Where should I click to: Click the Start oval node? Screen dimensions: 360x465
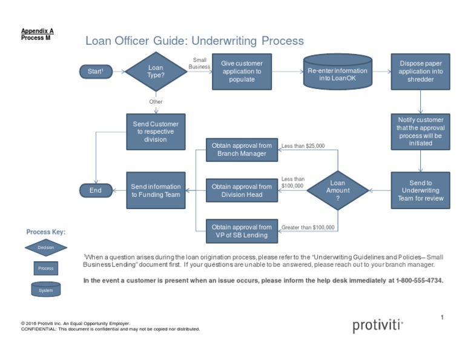pos(95,72)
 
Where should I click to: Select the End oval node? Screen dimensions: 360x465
pos(95,190)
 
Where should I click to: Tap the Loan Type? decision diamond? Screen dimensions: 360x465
pos(156,72)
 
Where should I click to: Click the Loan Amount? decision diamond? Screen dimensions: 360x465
pos(338,190)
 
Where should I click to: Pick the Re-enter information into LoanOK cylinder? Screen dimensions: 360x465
pos(337,72)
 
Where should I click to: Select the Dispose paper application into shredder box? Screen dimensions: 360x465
pos(421,72)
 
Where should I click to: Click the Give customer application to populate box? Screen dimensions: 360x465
pos(242,72)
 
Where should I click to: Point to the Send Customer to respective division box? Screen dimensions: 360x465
pos(156,132)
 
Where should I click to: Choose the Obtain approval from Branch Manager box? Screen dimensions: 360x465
pos(242,150)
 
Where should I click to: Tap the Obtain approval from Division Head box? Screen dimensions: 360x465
pos(242,190)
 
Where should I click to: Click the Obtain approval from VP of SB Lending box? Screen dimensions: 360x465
pos(242,231)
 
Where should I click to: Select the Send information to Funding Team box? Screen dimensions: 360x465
pos(156,190)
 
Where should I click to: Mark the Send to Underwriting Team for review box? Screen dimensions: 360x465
pos(421,190)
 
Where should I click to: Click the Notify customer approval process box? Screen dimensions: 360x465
pos(421,132)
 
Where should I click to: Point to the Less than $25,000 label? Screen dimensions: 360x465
pos(303,145)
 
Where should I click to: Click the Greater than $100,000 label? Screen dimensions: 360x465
pos(308,227)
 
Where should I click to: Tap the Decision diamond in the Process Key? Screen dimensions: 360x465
pos(46,247)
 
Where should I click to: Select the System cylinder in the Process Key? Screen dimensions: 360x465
pos(46,288)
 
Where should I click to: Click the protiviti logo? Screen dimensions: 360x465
pos(378,326)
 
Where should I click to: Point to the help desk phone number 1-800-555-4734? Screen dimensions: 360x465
pos(420,281)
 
